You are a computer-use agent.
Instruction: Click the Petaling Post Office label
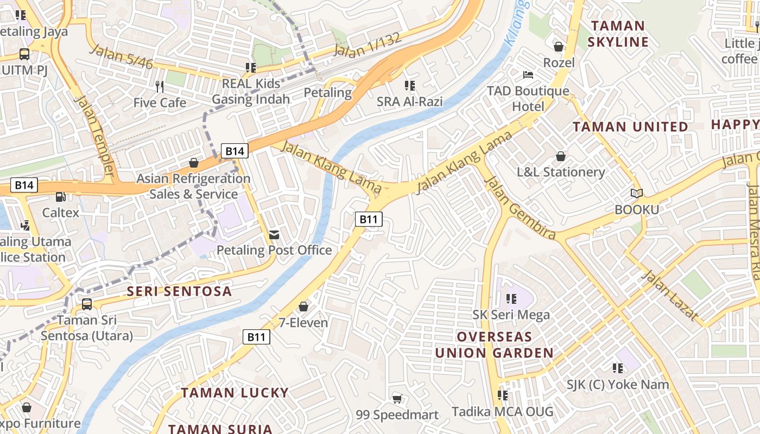click(x=274, y=250)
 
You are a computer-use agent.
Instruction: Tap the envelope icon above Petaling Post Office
click(x=274, y=234)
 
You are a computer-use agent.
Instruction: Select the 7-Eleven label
click(x=303, y=323)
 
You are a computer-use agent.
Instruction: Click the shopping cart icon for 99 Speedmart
click(x=397, y=399)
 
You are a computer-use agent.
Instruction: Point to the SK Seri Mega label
click(x=511, y=315)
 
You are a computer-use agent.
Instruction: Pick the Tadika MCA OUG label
click(x=502, y=412)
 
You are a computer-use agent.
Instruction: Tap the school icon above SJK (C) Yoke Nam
click(x=617, y=368)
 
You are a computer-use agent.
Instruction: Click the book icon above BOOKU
click(x=637, y=193)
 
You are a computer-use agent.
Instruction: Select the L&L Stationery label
click(x=561, y=172)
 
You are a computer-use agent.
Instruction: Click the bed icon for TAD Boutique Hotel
click(x=528, y=75)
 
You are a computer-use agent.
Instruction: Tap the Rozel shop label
click(x=559, y=62)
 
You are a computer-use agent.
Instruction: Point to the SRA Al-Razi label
click(x=409, y=101)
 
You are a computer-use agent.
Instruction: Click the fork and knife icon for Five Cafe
click(x=159, y=86)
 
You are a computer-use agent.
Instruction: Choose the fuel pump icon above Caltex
click(x=61, y=197)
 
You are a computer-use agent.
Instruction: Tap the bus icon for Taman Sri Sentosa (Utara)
click(x=86, y=304)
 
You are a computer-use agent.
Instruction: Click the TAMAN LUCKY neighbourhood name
click(x=235, y=393)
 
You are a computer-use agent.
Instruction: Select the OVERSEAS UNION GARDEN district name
click(x=494, y=344)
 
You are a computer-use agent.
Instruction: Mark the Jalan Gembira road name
click(x=520, y=208)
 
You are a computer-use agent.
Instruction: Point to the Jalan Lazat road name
click(x=669, y=295)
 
